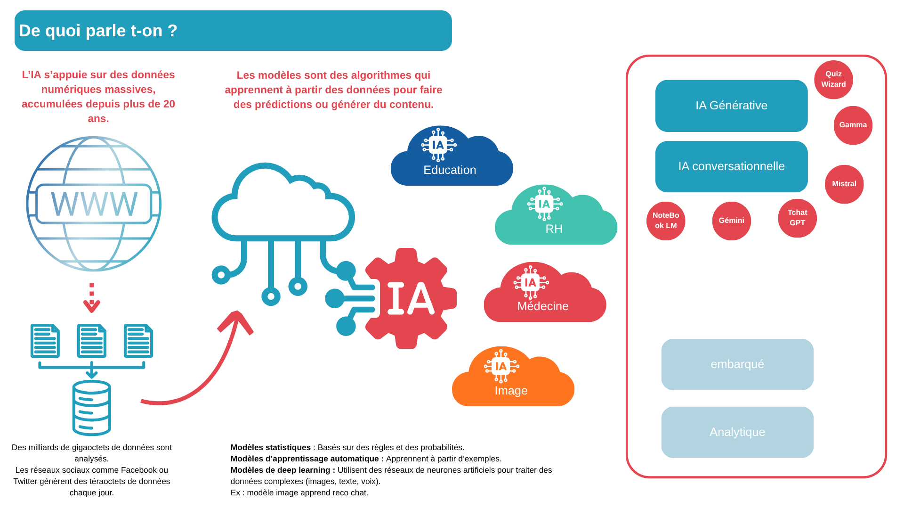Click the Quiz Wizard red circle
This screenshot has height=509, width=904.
point(833,79)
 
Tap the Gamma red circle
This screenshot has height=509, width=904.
point(853,125)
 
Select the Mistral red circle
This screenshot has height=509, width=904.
point(844,184)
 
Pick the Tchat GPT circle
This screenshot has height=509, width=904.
point(797,218)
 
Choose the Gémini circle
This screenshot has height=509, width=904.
point(731,221)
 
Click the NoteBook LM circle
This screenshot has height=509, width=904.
point(665,221)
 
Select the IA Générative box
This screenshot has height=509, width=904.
point(731,106)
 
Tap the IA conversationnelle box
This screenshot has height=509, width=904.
point(731,166)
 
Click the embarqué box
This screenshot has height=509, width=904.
point(737,364)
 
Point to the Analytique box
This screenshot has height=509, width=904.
point(737,432)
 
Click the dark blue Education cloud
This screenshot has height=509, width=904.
point(451,163)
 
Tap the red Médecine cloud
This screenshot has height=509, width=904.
point(544,299)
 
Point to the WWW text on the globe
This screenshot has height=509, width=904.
point(94,204)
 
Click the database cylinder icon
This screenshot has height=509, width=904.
point(92,408)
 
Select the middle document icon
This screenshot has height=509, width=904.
point(92,340)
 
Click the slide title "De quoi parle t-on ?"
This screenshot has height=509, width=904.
point(98,31)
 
